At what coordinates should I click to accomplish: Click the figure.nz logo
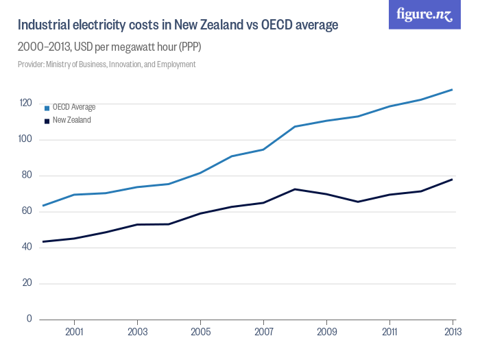[x=424, y=15]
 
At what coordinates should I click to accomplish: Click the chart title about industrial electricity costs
[x=178, y=25]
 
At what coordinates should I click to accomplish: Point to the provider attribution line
[x=106, y=64]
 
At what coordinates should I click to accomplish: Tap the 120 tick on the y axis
[x=25, y=103]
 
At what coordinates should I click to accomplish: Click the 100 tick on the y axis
[x=25, y=139]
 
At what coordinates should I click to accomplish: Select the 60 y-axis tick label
[x=25, y=211]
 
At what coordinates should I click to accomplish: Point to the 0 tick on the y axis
[x=29, y=319]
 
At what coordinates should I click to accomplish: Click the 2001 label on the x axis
[x=74, y=332]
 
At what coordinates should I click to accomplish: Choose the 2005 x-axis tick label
[x=200, y=332]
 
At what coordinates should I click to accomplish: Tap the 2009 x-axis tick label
[x=326, y=332]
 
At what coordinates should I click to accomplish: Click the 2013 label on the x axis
[x=453, y=332]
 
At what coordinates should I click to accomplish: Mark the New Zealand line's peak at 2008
[x=295, y=189]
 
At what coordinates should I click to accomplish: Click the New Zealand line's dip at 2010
[x=358, y=202]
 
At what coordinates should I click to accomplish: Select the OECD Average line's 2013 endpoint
[x=453, y=89]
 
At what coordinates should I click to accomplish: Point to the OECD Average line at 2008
[x=295, y=126]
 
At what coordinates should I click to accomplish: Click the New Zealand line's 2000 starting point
[x=43, y=241]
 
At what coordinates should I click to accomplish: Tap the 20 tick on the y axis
[x=25, y=283]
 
